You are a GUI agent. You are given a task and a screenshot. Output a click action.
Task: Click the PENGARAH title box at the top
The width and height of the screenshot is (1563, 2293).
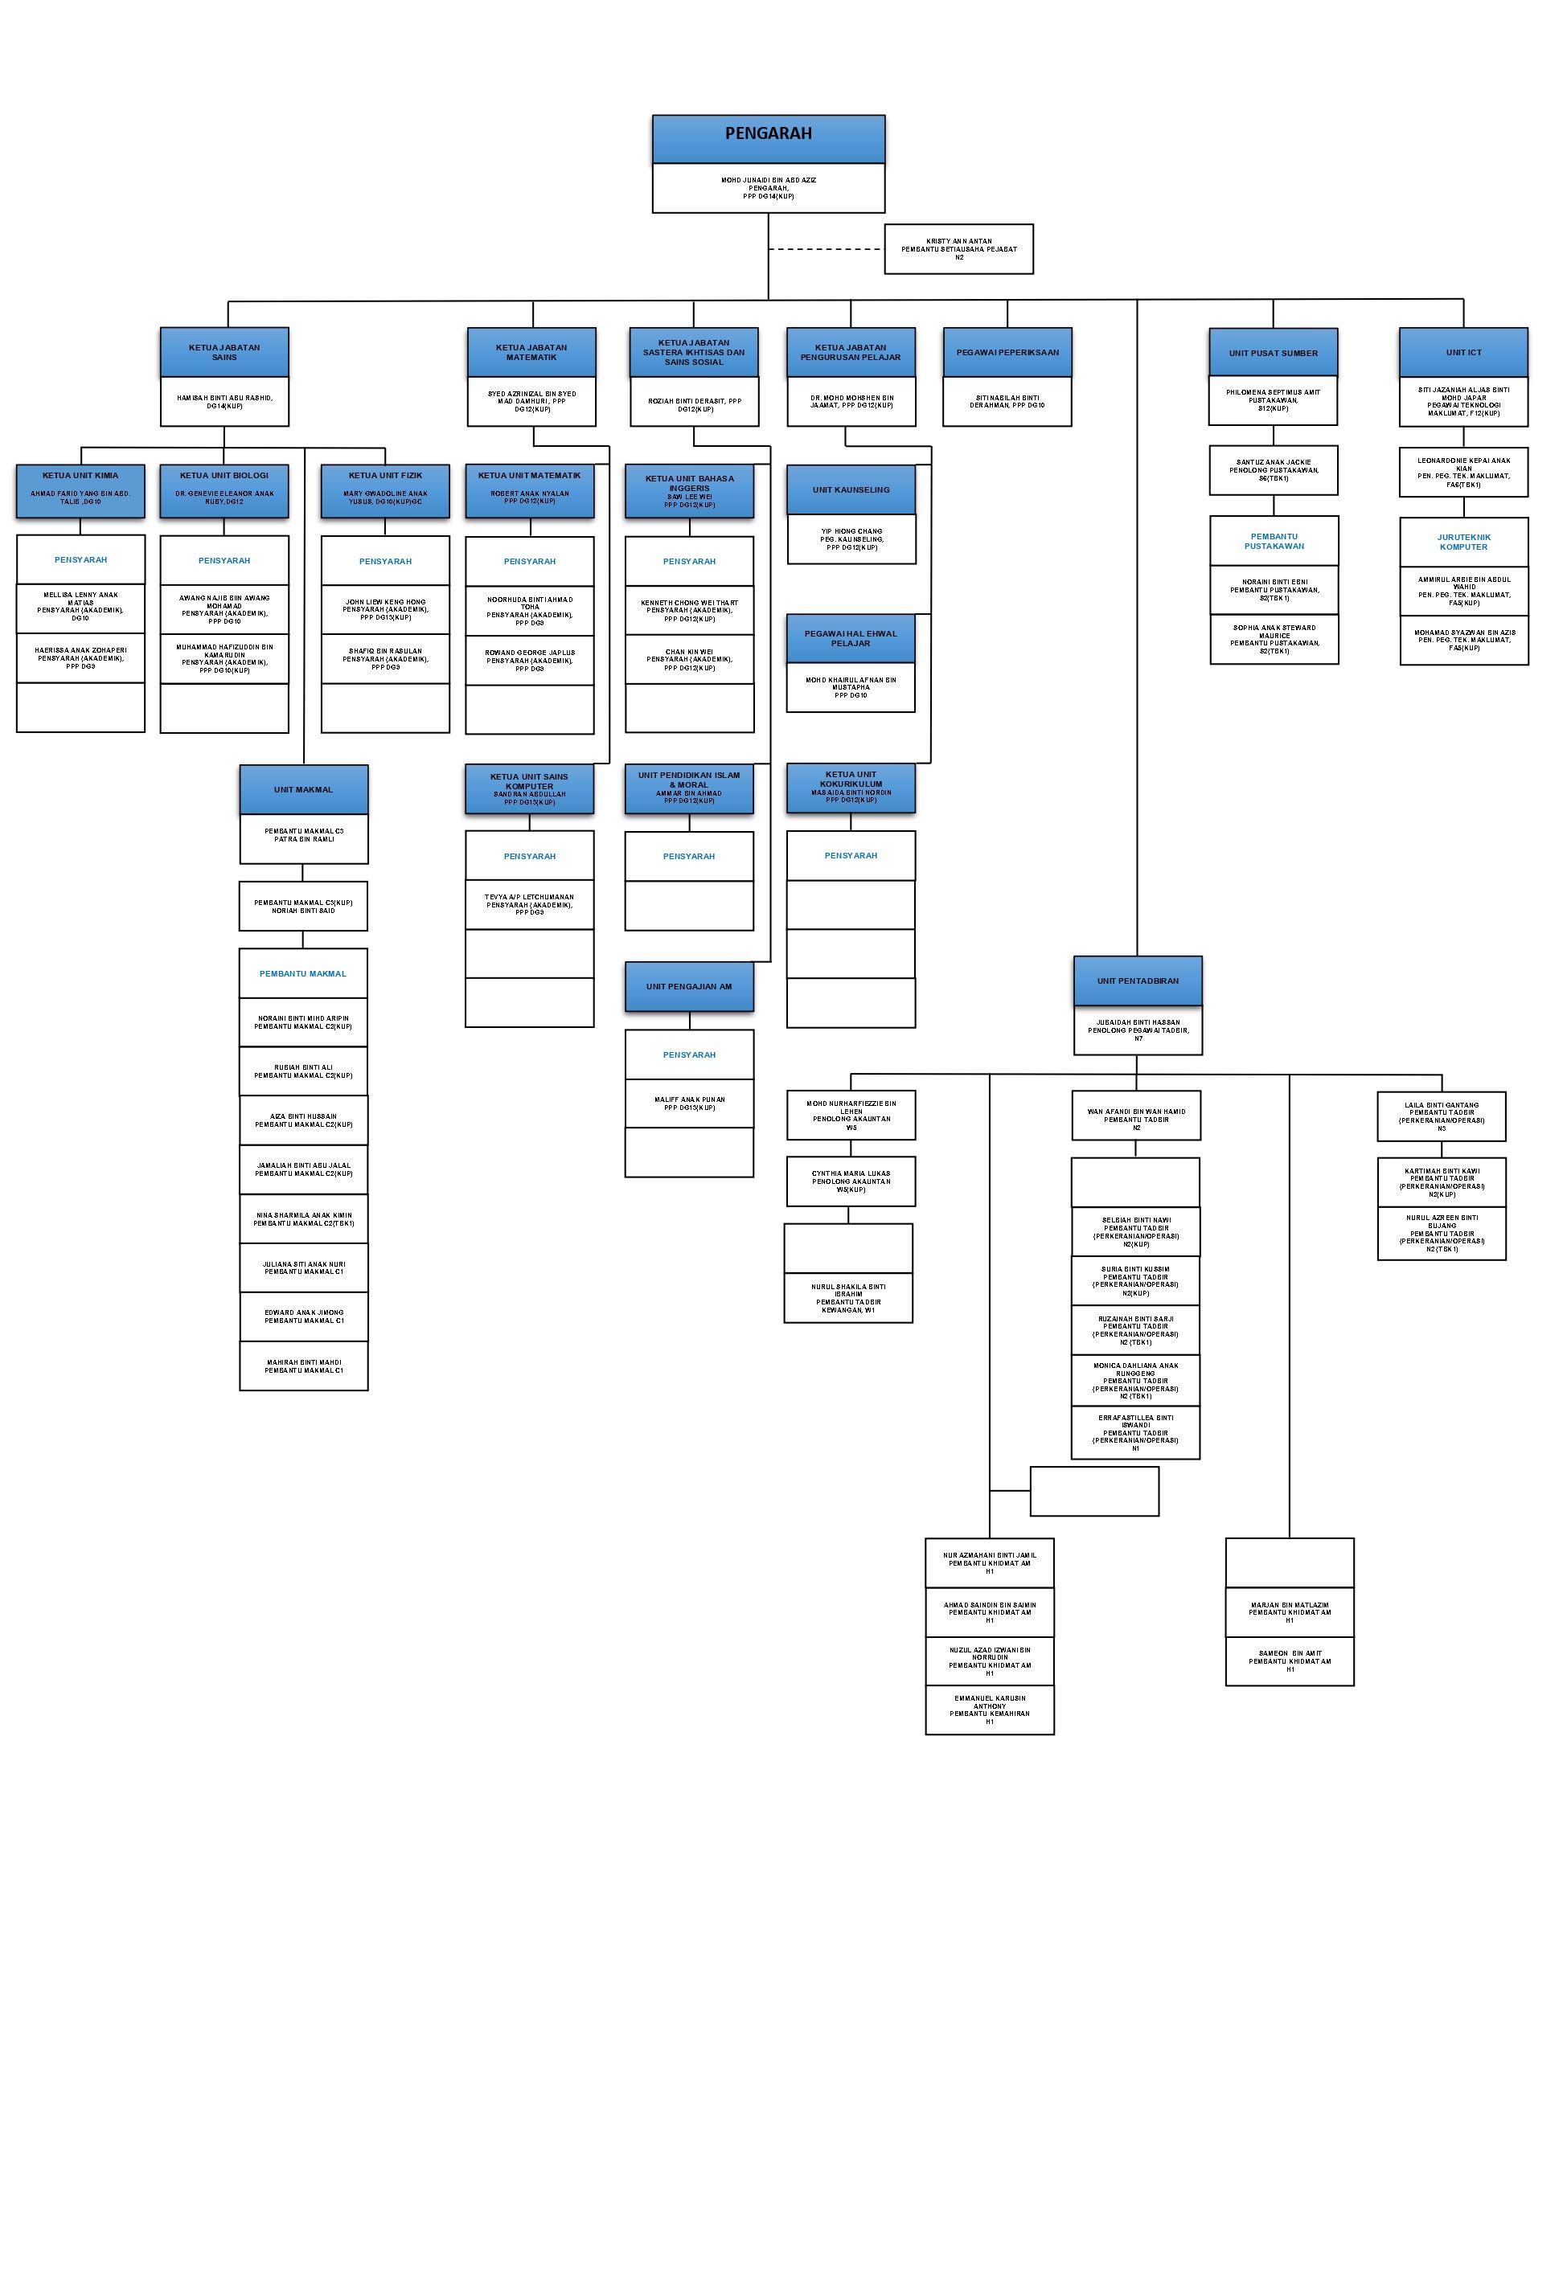[768, 138]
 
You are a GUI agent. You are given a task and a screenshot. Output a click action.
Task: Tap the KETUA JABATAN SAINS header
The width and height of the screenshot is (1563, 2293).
[224, 352]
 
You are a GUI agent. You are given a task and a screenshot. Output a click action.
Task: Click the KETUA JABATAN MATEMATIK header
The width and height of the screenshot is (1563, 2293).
[531, 352]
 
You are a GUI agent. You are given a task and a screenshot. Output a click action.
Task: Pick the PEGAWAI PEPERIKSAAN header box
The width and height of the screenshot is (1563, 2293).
[1007, 352]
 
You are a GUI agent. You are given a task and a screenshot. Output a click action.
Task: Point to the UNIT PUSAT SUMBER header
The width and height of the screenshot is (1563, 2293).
[1273, 352]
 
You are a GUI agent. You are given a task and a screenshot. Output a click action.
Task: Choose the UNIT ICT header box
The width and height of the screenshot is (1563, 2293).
[1462, 352]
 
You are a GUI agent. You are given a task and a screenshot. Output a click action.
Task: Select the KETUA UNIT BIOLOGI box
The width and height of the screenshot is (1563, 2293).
[224, 490]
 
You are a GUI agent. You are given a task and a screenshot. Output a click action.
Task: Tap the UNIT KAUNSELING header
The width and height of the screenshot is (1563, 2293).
[851, 489]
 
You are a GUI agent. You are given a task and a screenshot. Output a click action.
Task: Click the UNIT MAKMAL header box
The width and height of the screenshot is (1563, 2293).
[303, 789]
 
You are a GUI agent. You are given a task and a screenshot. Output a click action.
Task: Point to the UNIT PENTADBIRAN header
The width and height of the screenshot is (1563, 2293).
[1137, 981]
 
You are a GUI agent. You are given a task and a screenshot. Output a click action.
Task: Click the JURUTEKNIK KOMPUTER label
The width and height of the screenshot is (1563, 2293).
[1462, 543]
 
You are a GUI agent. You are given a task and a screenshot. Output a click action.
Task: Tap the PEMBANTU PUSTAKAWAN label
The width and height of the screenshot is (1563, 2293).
[1274, 542]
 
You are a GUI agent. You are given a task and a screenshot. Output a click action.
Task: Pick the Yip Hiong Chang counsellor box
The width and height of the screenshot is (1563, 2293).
[851, 538]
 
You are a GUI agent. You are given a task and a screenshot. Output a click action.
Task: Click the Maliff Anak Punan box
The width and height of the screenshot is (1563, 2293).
[689, 1103]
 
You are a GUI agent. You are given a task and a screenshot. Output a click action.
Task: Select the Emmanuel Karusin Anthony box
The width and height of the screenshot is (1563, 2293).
[989, 1710]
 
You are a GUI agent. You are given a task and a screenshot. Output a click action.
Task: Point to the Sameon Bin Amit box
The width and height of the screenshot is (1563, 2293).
[1289, 1660]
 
